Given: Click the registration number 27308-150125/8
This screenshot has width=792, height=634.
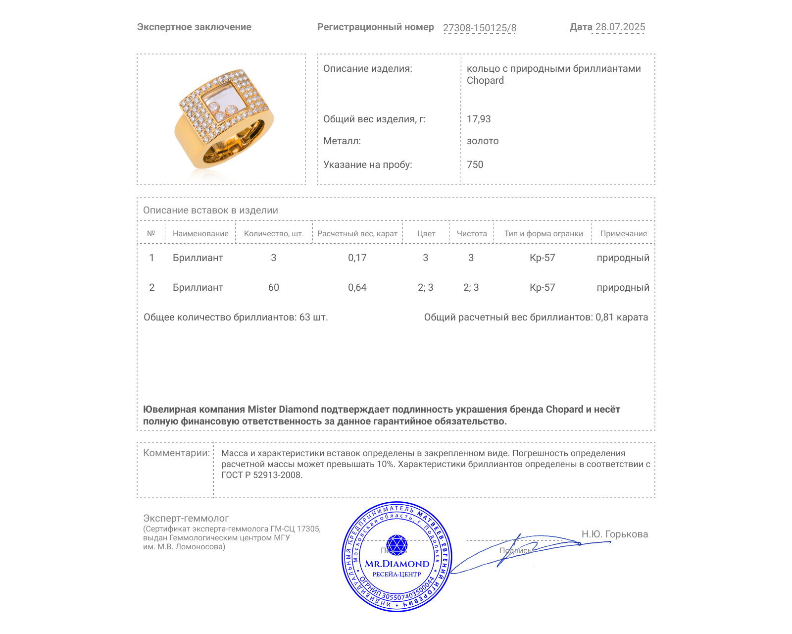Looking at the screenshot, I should pos(479,28).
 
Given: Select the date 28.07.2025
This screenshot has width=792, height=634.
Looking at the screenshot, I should pos(620,27).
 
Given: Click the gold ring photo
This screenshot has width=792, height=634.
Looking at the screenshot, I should pos(224,119).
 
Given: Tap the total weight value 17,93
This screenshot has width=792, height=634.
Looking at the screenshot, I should pos(479,119).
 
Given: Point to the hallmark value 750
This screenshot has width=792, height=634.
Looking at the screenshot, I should pos(475,164).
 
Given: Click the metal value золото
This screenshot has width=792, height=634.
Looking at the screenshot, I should pos(483,141).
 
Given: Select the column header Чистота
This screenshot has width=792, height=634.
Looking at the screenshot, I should pos(472,234).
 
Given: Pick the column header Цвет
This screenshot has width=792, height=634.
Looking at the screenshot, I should pos(426,234).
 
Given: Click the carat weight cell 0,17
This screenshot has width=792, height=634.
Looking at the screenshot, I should pos(357,258).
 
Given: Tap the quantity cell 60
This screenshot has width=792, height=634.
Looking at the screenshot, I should pos(273,287).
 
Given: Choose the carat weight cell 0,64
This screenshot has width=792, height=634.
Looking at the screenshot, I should pos(357,287).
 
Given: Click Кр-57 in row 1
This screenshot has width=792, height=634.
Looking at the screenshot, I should pos(542,258).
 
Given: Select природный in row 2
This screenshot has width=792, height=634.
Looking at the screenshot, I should pos(623,287).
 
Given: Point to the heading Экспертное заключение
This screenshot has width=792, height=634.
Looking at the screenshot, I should pos(194,27).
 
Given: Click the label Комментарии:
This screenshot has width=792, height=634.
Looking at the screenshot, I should pos(176,453).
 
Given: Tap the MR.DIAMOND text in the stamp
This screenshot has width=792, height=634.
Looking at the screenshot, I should pos(397,564).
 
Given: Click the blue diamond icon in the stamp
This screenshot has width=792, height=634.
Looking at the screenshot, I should pos(396,544).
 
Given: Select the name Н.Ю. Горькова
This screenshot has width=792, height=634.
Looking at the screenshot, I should pos(614,534).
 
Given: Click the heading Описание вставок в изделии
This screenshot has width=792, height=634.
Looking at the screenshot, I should pos(210,210).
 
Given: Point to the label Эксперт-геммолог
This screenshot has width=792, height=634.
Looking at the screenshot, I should pos(186,518).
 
